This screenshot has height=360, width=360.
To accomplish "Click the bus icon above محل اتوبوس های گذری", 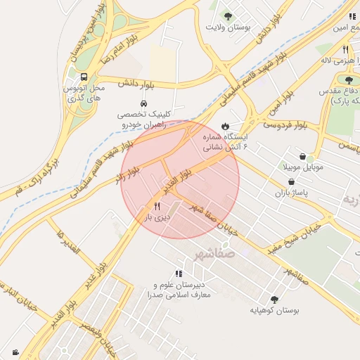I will [84, 77].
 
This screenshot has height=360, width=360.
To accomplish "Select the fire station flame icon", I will [225, 126].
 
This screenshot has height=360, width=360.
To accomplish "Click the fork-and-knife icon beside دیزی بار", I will [157, 207].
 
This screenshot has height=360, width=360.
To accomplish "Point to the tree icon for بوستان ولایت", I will [228, 15].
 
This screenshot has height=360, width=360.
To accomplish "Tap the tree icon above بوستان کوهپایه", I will [274, 299].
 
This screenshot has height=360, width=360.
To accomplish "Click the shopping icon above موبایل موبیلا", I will [302, 157].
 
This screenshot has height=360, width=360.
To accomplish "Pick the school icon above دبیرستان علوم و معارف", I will [179, 274].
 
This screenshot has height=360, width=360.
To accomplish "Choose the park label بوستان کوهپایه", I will [275, 310].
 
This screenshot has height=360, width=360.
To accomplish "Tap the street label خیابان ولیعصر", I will [103, 337].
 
